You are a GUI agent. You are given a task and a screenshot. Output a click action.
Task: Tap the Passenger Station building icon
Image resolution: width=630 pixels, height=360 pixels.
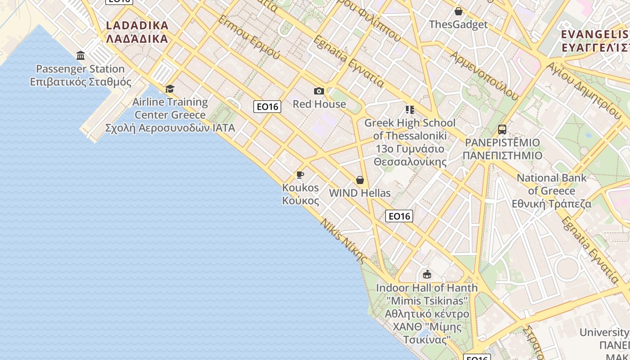(81, 55)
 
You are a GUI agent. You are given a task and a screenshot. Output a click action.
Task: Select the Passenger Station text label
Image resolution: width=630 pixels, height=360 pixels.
(81, 75)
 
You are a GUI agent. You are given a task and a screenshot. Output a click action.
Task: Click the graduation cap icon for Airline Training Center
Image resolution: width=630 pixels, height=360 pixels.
(170, 89)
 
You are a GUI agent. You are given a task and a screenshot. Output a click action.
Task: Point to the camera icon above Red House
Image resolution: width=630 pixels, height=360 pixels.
(319, 91)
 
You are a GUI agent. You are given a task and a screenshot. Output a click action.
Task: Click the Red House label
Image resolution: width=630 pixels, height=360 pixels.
(319, 104)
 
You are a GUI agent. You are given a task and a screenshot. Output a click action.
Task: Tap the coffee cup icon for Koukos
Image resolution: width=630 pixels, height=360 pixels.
(300, 175)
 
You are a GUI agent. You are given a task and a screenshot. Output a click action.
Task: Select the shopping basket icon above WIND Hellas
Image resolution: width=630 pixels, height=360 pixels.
(360, 180)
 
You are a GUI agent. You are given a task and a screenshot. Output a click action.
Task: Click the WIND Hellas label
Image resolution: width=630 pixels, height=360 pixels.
(360, 193)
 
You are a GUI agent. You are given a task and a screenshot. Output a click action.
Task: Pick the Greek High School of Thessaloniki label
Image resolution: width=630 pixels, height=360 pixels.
(410, 142)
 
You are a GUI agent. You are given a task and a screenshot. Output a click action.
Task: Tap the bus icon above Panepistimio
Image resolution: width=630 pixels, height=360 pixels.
(502, 130)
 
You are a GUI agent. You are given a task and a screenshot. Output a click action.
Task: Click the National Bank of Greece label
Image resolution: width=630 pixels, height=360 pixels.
(552, 190)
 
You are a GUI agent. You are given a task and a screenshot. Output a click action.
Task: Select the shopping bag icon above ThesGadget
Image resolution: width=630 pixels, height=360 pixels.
(458, 11)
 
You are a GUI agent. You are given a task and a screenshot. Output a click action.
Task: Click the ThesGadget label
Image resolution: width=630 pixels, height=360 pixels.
(458, 24)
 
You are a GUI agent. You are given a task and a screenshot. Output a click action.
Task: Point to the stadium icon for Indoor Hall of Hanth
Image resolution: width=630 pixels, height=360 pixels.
(427, 274)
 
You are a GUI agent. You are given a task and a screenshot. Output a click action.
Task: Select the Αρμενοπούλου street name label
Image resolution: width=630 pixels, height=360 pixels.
(485, 75)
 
